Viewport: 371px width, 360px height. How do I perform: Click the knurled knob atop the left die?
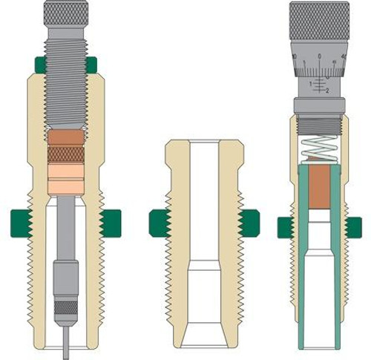(x=65, y=13)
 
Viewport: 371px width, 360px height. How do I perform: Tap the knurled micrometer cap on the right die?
(x=319, y=19)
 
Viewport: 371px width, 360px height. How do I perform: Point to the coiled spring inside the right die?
(x=319, y=148)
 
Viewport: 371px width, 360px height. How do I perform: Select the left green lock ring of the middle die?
(x=159, y=223)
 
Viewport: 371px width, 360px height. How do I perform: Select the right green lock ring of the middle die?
(x=250, y=223)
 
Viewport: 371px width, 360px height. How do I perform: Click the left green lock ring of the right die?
(x=284, y=227)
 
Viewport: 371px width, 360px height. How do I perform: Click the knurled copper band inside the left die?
(x=65, y=154)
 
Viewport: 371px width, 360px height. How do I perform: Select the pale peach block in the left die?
(x=65, y=178)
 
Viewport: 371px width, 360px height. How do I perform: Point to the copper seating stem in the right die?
(x=319, y=186)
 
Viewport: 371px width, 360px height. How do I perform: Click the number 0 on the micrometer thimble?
(x=319, y=57)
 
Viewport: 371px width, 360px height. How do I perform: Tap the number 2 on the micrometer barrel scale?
(x=326, y=90)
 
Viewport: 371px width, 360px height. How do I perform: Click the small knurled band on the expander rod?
(x=65, y=307)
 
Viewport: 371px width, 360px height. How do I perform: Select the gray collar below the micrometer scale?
(x=319, y=105)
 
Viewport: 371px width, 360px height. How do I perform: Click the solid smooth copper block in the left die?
(x=65, y=137)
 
